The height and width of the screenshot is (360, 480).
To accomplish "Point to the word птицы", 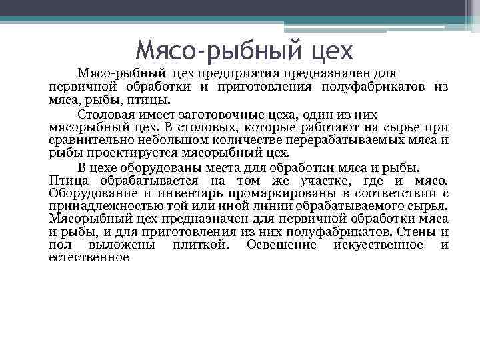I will tap(154, 101).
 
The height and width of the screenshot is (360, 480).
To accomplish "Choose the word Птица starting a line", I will tap(68, 180).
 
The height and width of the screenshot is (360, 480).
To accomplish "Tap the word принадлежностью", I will tap(95, 206).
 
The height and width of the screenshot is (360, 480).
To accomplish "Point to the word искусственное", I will tap(383, 245).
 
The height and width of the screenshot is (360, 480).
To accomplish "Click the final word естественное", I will tap(88, 257).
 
